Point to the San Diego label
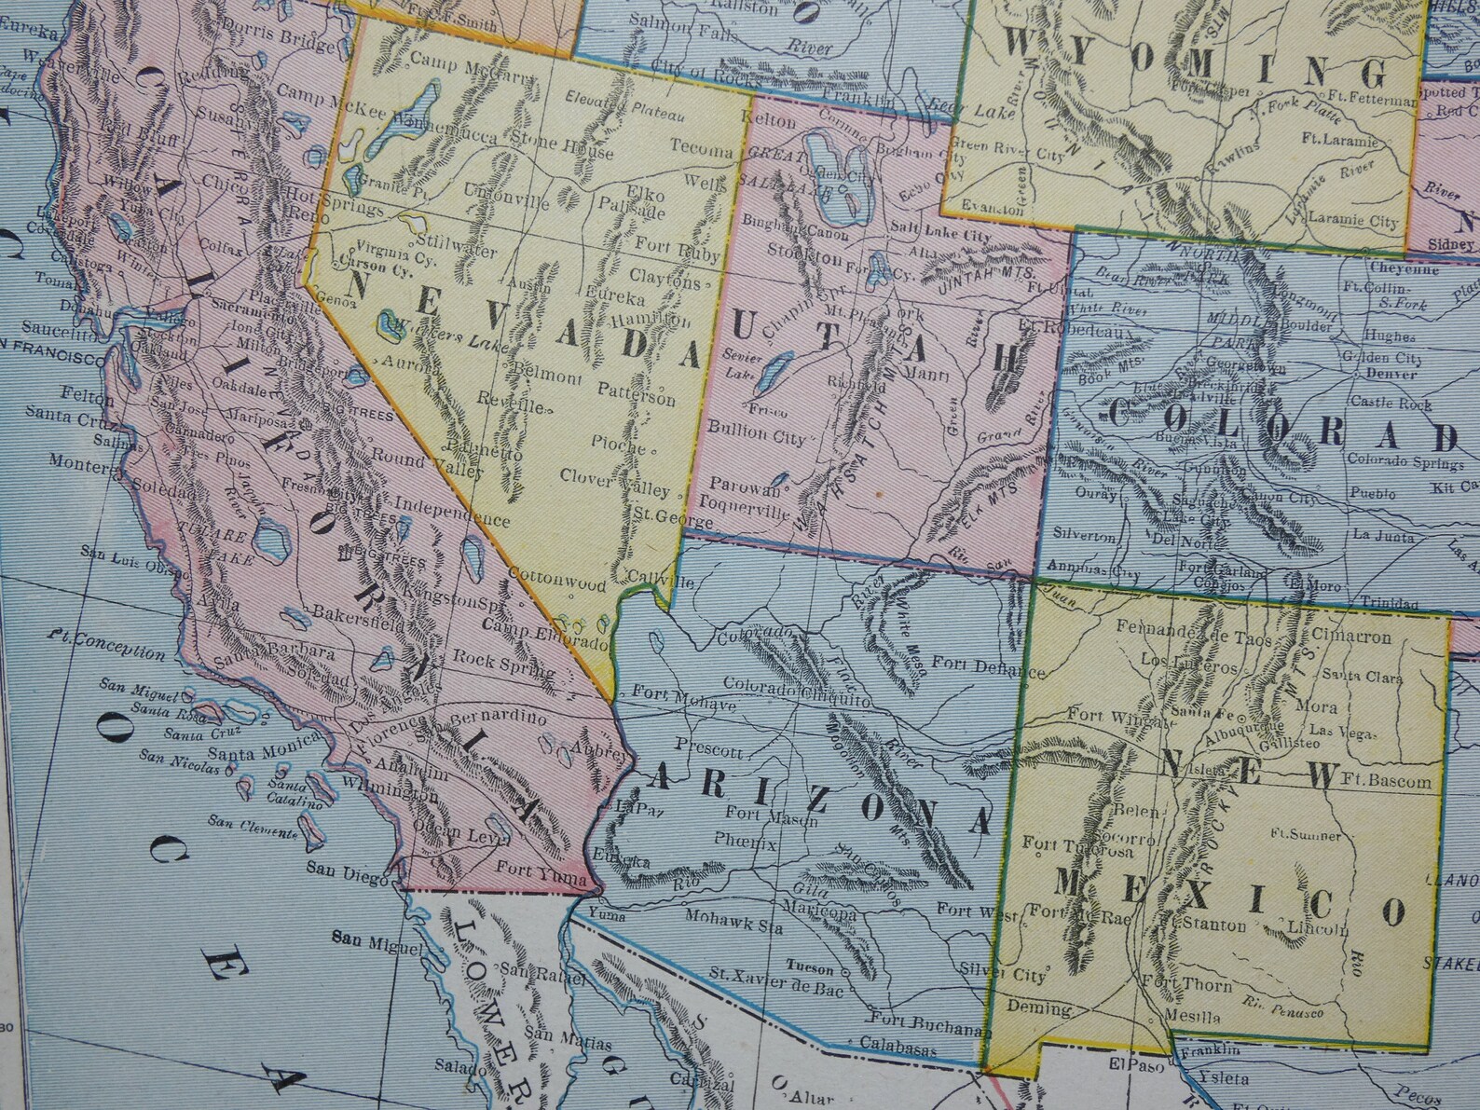point(359,866)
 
